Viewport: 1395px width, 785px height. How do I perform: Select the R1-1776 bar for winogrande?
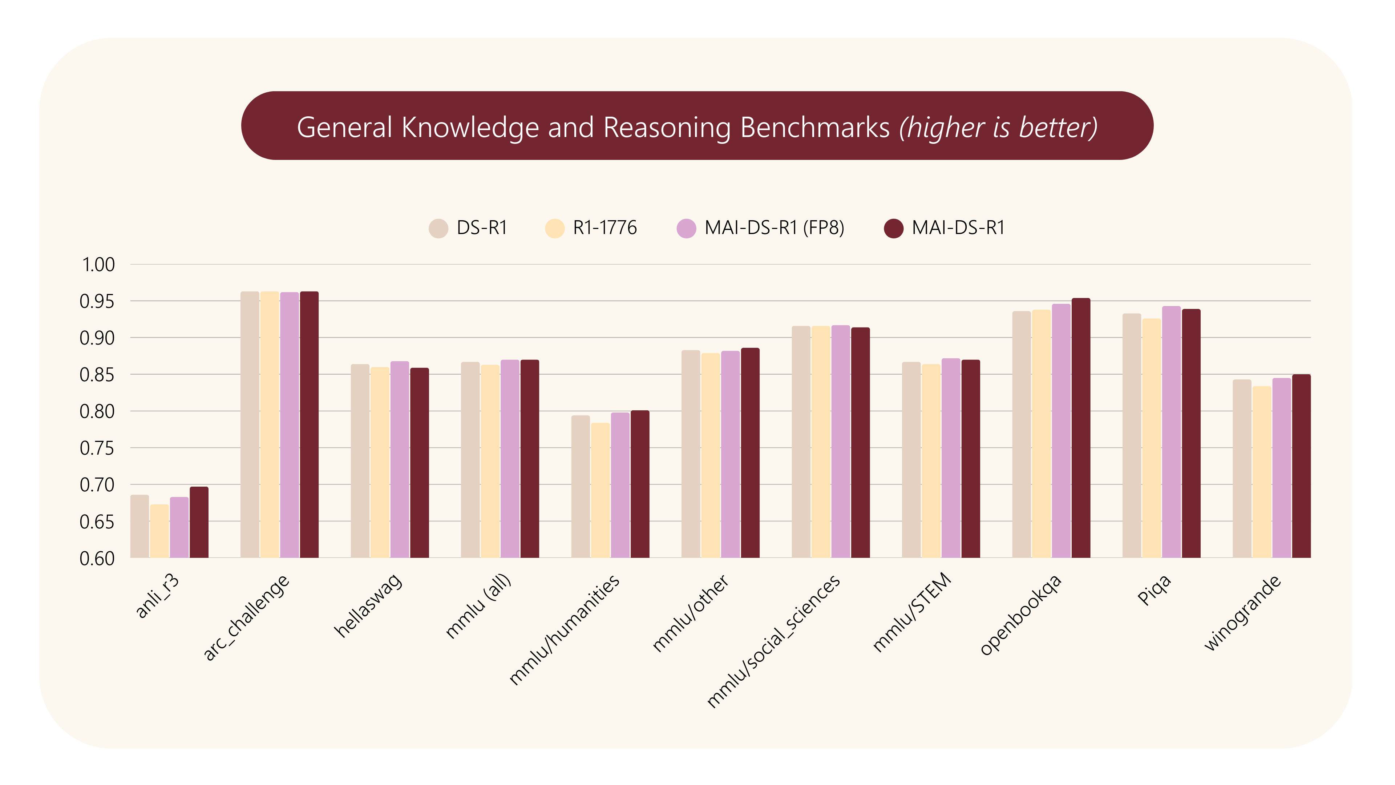(1262, 472)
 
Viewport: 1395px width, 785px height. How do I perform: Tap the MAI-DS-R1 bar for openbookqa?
(1081, 428)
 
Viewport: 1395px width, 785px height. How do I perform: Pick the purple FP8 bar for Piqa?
(1171, 432)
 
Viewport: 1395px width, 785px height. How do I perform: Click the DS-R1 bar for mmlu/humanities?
(581, 487)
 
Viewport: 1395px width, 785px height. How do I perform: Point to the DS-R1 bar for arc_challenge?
(250, 424)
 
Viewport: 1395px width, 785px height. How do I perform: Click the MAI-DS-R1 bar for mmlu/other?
(750, 452)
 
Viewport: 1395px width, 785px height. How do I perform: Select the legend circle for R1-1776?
(554, 229)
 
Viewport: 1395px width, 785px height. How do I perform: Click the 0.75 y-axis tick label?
(97, 448)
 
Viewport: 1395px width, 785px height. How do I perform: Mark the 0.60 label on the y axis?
(97, 559)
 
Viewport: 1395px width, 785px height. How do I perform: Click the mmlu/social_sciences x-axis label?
(773, 641)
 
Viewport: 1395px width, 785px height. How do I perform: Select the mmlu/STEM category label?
(912, 612)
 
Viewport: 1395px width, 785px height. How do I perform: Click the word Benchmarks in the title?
(815, 128)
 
